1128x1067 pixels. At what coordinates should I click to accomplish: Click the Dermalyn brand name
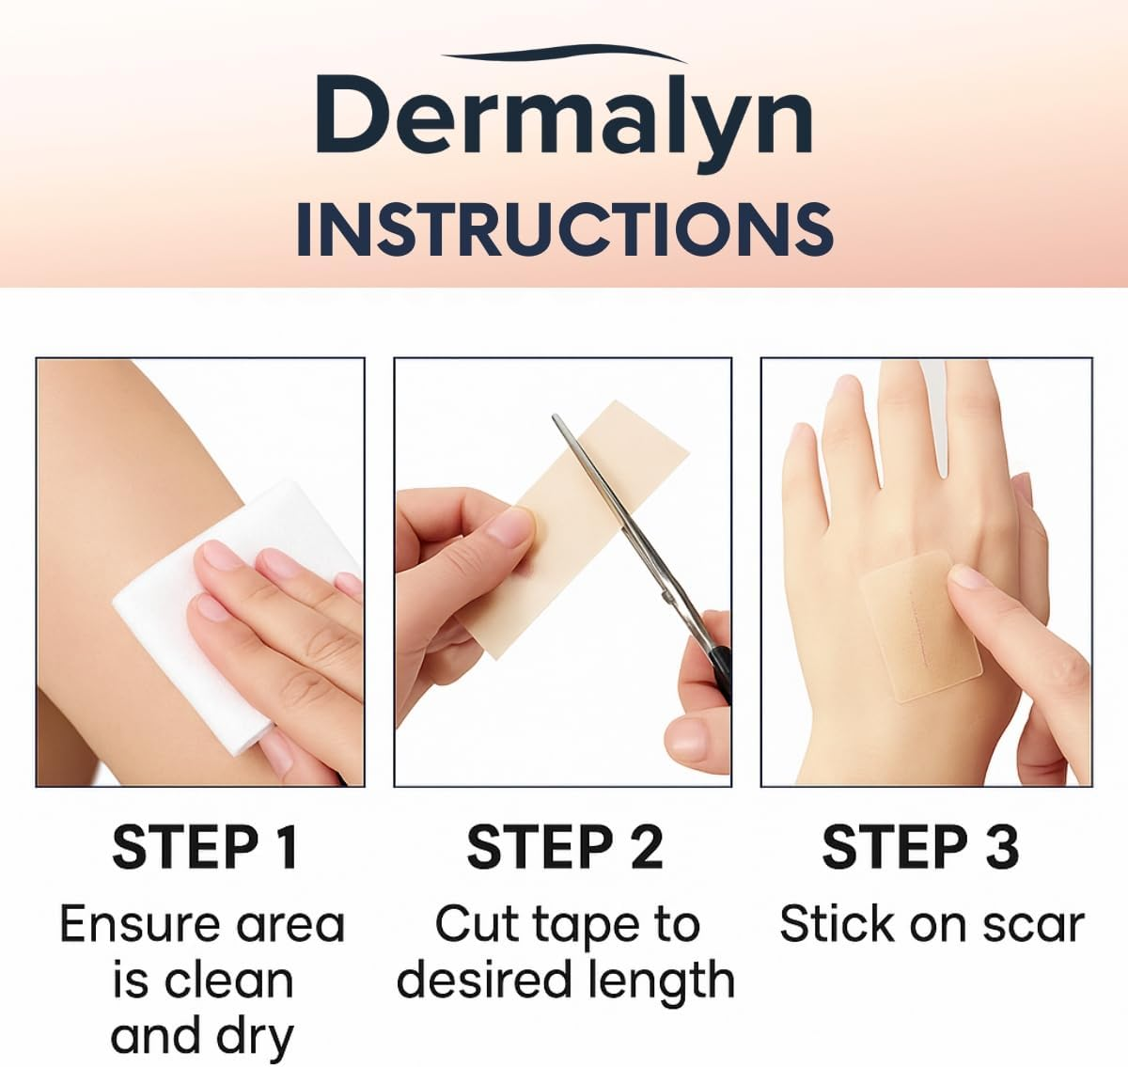click(x=564, y=118)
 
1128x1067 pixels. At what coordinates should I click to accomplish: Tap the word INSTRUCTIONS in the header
click(x=564, y=228)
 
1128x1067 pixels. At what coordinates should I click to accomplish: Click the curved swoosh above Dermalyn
click(x=564, y=52)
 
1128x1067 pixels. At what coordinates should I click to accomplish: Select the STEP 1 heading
click(x=205, y=847)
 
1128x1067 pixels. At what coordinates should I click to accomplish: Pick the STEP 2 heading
click(x=564, y=847)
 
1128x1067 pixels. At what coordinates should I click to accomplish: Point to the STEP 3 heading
click(x=920, y=847)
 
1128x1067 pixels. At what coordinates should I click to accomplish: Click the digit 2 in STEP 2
click(x=647, y=847)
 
